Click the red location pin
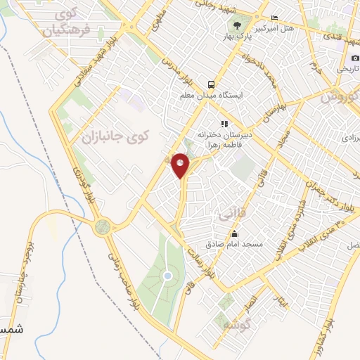181,165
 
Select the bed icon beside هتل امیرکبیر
275,18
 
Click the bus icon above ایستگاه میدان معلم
210,83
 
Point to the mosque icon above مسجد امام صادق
234,234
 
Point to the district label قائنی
230,210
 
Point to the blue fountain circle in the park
167,276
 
